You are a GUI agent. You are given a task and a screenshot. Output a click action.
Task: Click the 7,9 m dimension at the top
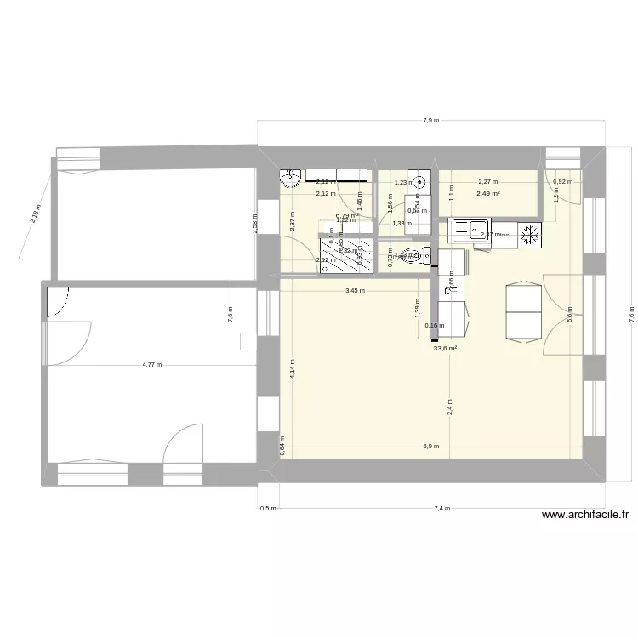pyautogui.click(x=431, y=121)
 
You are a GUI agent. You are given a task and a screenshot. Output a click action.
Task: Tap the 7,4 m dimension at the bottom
pyautogui.click(x=441, y=509)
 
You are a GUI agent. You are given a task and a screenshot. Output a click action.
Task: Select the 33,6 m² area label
pyautogui.click(x=445, y=348)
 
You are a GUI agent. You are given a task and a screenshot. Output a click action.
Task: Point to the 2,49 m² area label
pyautogui.click(x=488, y=193)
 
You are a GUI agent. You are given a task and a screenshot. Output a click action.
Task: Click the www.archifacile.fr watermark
pyautogui.click(x=585, y=515)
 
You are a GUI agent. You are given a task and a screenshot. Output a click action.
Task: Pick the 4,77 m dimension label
pyautogui.click(x=153, y=365)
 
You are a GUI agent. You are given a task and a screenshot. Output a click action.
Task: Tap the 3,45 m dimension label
pyautogui.click(x=355, y=291)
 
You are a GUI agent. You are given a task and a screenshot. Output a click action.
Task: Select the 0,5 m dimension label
pyautogui.click(x=267, y=509)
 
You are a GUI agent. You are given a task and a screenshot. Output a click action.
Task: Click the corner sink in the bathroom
pyautogui.click(x=291, y=179)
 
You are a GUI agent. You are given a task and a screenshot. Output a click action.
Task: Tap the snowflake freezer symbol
pyautogui.click(x=529, y=233)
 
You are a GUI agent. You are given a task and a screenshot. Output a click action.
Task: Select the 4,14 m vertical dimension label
pyautogui.click(x=292, y=367)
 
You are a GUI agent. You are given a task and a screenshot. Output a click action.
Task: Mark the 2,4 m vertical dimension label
pyautogui.click(x=449, y=407)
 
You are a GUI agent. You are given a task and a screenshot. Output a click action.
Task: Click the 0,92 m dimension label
pyautogui.click(x=561, y=181)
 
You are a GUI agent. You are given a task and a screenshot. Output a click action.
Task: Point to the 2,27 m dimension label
pyautogui.click(x=488, y=181)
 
